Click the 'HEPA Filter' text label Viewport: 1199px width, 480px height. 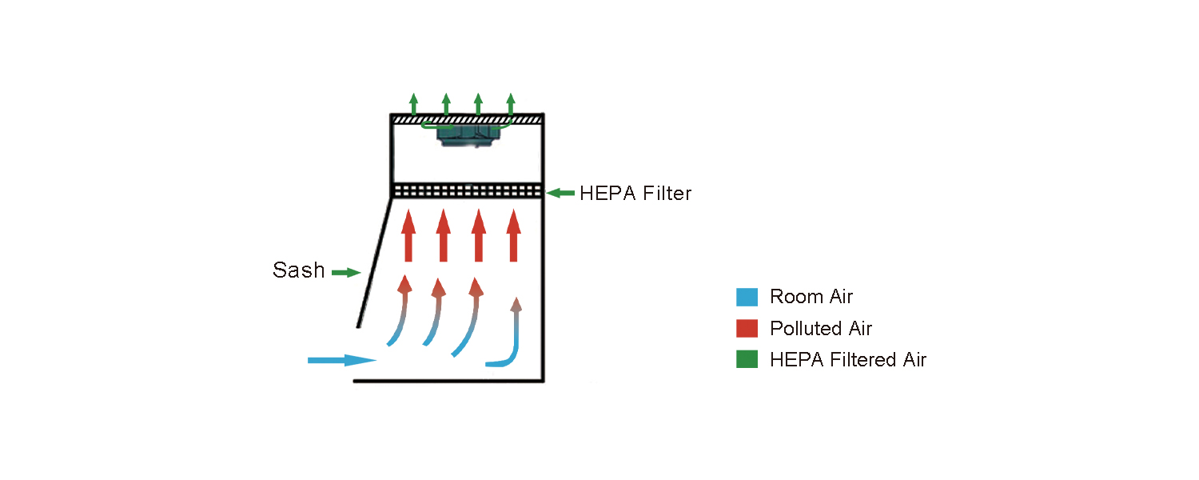tap(635, 193)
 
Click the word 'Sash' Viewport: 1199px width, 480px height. tap(299, 270)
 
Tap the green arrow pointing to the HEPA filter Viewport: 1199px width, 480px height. tap(561, 193)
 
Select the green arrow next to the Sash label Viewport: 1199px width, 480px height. tap(346, 273)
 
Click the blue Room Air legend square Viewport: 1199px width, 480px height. tap(747, 297)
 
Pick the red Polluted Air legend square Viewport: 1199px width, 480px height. tap(747, 328)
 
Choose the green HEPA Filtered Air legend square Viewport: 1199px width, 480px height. tap(747, 360)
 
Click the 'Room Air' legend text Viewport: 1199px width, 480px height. tap(811, 297)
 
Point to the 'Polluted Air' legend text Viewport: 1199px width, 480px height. tap(821, 328)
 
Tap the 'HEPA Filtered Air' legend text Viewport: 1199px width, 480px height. tap(848, 360)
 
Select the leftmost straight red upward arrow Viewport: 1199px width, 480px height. tap(408, 235)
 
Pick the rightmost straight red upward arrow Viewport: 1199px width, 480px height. tap(513, 235)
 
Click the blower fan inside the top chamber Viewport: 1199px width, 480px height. tap(468, 135)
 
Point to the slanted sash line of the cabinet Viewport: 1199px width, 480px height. tap(373, 264)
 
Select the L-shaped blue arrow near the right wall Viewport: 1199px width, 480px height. tap(512, 344)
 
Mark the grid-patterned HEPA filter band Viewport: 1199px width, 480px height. tap(467, 191)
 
